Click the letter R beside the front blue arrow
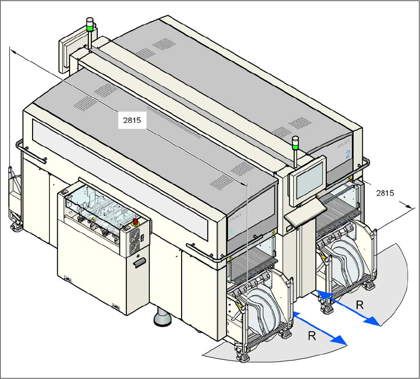pyautogui.click(x=312, y=336)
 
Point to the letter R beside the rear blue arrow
pyautogui.click(x=360, y=305)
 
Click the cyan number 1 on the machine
pyautogui.click(x=231, y=231)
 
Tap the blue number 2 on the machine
pyautogui.click(x=348, y=154)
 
